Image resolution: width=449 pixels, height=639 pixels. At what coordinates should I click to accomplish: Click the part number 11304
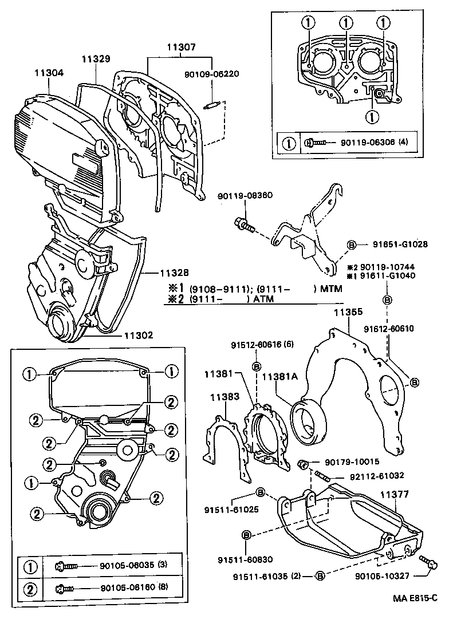49,74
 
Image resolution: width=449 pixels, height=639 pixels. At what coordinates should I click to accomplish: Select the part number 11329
96,59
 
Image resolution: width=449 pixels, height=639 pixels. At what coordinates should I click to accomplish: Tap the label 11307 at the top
182,48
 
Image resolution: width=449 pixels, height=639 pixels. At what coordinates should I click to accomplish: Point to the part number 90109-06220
211,74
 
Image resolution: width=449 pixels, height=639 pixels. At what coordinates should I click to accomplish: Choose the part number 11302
138,336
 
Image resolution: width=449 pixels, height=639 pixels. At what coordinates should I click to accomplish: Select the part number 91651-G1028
398,244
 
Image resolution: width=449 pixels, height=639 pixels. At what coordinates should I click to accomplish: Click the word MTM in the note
331,289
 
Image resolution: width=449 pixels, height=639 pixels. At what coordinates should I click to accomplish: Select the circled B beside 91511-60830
247,535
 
